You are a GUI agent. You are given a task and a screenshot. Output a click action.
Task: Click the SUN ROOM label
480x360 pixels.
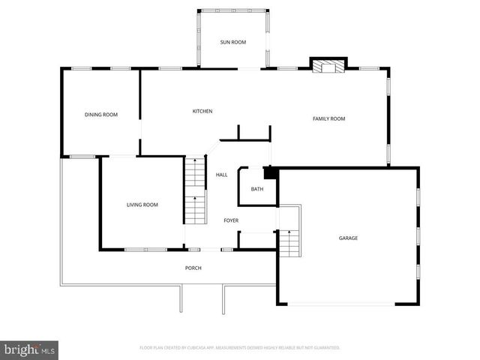[232, 43]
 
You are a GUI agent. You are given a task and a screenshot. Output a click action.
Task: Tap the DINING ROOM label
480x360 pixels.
[101, 115]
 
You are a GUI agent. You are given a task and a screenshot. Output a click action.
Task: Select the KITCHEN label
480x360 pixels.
[202, 112]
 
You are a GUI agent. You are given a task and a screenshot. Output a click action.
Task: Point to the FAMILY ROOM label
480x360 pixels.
[328, 118]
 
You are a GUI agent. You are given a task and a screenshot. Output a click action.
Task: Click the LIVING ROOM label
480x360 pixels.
[142, 205]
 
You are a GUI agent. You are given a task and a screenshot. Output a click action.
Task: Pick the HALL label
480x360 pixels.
[222, 175]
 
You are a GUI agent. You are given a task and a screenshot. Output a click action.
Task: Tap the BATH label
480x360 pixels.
[257, 189]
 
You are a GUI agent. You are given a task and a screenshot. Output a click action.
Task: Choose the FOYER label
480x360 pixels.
[231, 220]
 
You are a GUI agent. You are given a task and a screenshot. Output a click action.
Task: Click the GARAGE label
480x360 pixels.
[348, 238]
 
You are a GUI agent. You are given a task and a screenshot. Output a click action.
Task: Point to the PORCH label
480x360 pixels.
[193, 268]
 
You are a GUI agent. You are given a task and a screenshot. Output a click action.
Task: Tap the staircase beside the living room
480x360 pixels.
[195, 190]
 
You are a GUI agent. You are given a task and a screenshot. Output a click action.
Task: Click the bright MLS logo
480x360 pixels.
[30, 349]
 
